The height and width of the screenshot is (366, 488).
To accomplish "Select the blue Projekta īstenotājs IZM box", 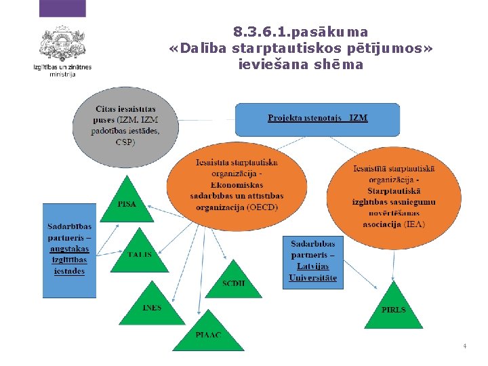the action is pos(317,119).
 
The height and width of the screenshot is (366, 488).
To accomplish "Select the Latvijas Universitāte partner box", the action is pos(312,261).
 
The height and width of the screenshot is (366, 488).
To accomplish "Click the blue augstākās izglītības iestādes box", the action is pos(69,249).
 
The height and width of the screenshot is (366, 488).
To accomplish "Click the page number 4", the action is pos(464,346).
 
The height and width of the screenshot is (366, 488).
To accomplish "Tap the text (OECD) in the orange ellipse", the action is pos(264,207).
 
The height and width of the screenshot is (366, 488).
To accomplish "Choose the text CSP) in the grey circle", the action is pos(125,142).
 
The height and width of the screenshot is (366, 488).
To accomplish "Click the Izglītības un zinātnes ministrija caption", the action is pos(62,70).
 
